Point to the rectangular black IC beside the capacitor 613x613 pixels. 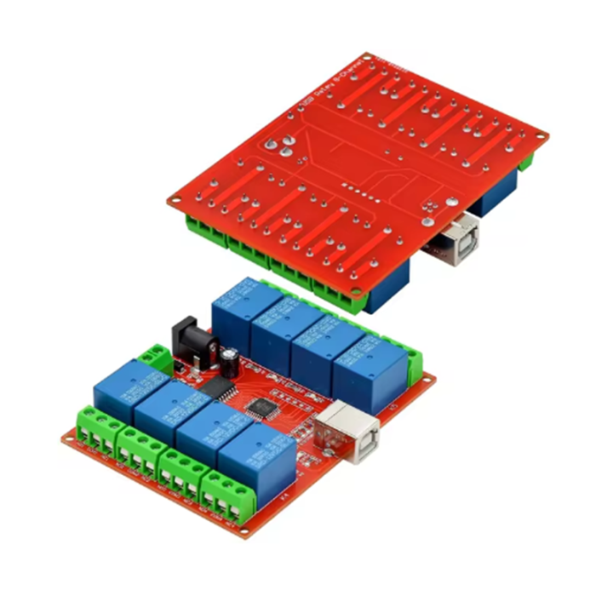pyautogui.click(x=221, y=387)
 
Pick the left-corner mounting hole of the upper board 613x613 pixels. pyautogui.click(x=175, y=201)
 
